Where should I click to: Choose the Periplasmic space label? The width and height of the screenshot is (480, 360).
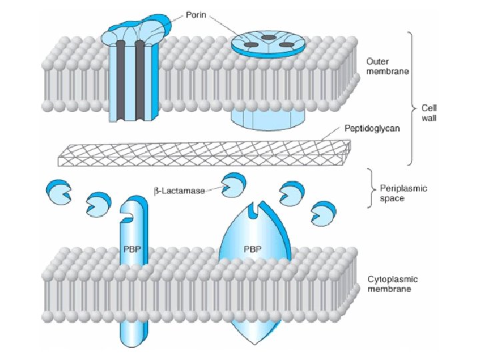pyautogui.click(x=403, y=194)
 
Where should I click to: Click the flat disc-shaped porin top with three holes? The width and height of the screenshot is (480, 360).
pyautogui.click(x=269, y=43)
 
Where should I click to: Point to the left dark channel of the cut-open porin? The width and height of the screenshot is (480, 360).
pyautogui.click(x=121, y=80)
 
